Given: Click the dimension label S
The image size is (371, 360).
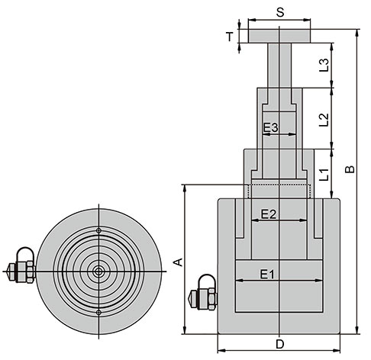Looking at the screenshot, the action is (x=280, y=12).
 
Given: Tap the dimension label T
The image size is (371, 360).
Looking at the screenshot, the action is (x=230, y=37).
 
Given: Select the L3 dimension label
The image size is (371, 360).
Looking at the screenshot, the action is (x=324, y=65).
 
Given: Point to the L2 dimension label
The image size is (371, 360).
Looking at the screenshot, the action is (x=324, y=120).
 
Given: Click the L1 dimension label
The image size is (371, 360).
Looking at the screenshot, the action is (x=324, y=175).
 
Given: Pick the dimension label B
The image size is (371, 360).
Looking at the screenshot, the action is (x=350, y=169).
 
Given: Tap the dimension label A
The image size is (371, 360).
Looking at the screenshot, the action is (x=179, y=262).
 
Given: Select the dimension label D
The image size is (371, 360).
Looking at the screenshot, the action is (x=280, y=344).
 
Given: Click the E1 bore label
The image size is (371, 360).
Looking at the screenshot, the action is (x=267, y=275).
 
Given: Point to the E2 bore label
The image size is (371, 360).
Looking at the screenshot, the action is (x=269, y=214).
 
